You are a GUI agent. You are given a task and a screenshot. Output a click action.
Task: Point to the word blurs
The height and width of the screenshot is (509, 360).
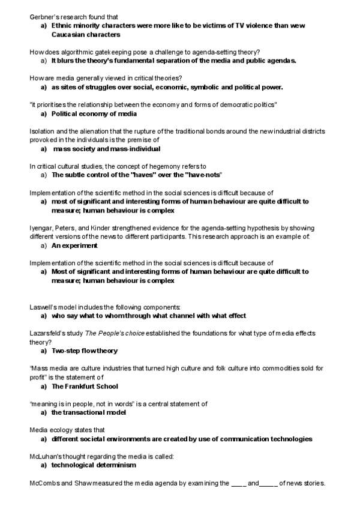(x=69, y=61)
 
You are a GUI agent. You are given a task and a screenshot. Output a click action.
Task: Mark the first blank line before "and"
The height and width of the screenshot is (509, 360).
(x=238, y=483)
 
